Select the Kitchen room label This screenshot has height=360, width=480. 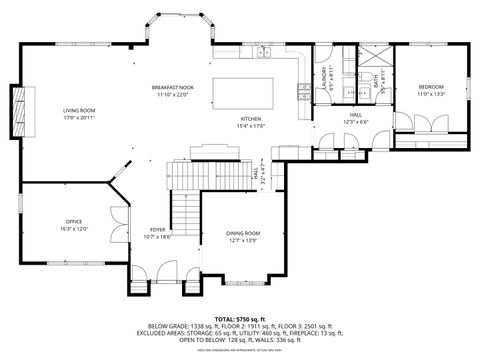pyautogui.click(x=250, y=120)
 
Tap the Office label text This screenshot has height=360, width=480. pyautogui.click(x=75, y=224)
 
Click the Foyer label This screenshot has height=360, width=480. pyautogui.click(x=158, y=233)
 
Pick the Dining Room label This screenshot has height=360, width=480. pyautogui.click(x=243, y=236)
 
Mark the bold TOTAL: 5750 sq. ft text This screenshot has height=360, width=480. pyautogui.click(x=240, y=316)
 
